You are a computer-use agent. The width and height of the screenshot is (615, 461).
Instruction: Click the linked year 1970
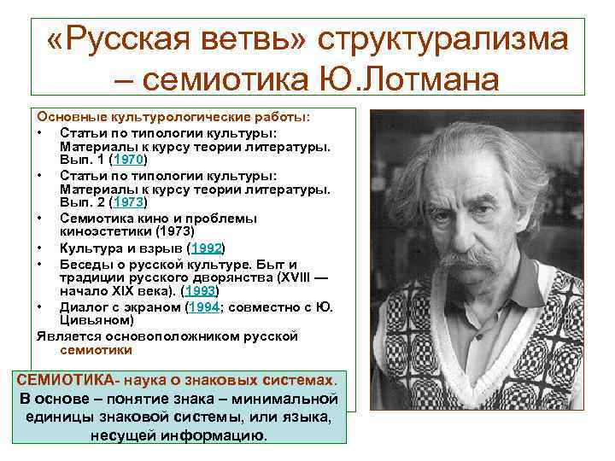click(132, 159)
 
